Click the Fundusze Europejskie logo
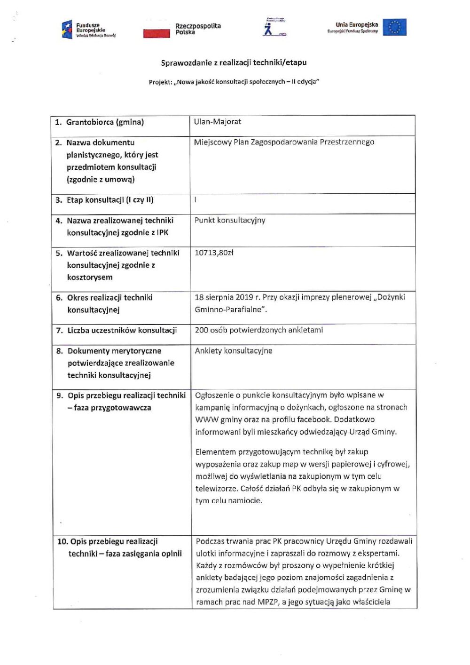(x=88, y=30)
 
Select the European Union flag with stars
(x=394, y=27)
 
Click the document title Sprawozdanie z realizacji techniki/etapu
(x=234, y=62)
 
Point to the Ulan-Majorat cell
(x=218, y=121)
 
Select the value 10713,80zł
(x=214, y=253)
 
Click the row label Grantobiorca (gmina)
(x=105, y=122)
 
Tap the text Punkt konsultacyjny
(x=230, y=220)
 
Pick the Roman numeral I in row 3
(x=196, y=199)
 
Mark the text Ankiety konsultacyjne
(x=234, y=351)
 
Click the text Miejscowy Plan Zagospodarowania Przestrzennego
(x=284, y=142)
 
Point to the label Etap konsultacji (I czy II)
(x=110, y=200)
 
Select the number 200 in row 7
(x=201, y=330)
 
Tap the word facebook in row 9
(x=314, y=420)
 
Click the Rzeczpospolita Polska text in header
(x=198, y=29)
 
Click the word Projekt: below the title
(x=160, y=82)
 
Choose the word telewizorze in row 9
(x=215, y=489)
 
